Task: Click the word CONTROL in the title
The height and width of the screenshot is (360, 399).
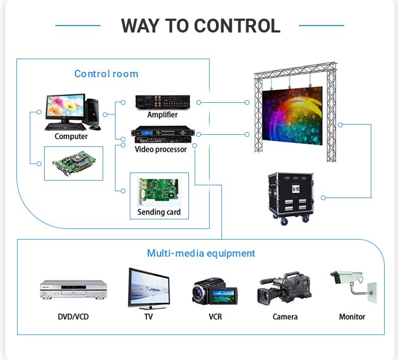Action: point(237,26)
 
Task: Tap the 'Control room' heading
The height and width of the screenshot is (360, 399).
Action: point(106,74)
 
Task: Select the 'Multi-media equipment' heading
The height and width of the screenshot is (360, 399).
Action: point(201,253)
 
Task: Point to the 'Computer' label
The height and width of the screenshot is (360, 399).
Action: point(71,136)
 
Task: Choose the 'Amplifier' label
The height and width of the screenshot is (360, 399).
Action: point(162,114)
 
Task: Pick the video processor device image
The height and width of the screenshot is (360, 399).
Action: point(163,134)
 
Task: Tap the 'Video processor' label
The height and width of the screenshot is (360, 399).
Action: point(161,150)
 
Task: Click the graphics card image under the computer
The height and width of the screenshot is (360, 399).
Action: point(73,162)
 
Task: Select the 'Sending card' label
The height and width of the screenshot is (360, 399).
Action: point(159,212)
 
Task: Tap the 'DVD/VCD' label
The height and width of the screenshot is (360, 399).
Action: point(73,317)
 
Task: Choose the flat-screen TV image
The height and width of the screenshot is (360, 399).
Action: point(149,288)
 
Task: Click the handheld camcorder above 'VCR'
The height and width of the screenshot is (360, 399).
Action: point(214,291)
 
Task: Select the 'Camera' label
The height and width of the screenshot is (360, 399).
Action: point(285,317)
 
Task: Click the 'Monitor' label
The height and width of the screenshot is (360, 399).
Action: point(352,317)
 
